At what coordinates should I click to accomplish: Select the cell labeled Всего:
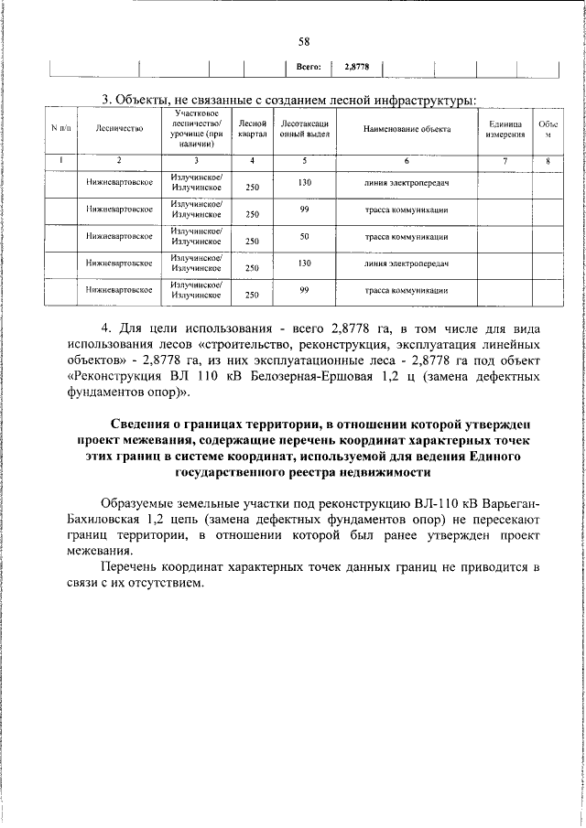pyautogui.click(x=309, y=67)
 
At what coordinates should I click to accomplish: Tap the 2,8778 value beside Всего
pyautogui.click(x=356, y=67)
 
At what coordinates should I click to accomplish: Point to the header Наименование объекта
pyautogui.click(x=407, y=130)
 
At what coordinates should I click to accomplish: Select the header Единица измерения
pyautogui.click(x=505, y=129)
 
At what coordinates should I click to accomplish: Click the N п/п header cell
pyautogui.click(x=62, y=130)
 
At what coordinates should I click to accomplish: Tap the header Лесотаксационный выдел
pyautogui.click(x=305, y=129)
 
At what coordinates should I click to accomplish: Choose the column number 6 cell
pyautogui.click(x=407, y=161)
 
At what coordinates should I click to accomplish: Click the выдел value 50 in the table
pyautogui.click(x=305, y=237)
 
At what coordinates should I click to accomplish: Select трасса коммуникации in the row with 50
pyautogui.click(x=407, y=238)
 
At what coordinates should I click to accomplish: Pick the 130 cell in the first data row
pyautogui.click(x=305, y=182)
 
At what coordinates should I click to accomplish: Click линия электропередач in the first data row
pyautogui.click(x=407, y=183)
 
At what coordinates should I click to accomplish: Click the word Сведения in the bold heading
pyautogui.click(x=143, y=426)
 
